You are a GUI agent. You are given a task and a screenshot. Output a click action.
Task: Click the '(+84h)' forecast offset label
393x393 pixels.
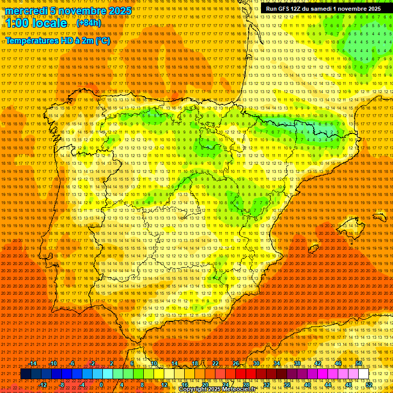click(89, 23)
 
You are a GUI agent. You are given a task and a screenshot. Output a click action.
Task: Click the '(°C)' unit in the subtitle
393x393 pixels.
click(102, 40)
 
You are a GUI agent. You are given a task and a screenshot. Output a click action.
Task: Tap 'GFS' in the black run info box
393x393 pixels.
click(284, 9)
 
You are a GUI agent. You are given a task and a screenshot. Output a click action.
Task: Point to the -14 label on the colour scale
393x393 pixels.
click(33, 363)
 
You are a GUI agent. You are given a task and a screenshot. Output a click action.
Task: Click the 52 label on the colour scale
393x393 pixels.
click(369, 385)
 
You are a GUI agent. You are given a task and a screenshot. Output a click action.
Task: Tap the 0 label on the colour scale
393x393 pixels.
click(101, 385)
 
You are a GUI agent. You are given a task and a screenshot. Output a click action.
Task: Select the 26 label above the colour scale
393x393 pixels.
click(236, 363)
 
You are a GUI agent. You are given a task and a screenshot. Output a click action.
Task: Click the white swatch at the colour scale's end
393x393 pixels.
click(363, 374)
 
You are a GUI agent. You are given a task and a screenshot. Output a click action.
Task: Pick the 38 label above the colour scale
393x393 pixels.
click(297, 363)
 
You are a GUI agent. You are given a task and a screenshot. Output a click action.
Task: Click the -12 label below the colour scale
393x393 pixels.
click(43, 385)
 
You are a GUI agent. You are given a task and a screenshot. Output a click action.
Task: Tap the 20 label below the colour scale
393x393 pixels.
click(205, 385)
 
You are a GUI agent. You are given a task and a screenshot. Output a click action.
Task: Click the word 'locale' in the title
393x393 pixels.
click(49, 23)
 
